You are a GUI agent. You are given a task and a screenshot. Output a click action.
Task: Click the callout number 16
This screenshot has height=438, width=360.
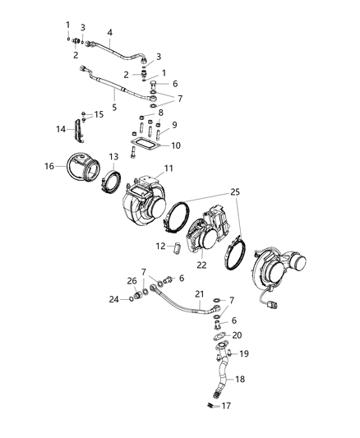(49, 166)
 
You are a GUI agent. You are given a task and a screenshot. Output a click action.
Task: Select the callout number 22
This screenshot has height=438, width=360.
(201, 265)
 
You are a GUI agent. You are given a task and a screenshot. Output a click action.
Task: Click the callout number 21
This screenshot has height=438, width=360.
(198, 294)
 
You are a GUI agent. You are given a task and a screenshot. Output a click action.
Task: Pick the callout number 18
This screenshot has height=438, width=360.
(240, 380)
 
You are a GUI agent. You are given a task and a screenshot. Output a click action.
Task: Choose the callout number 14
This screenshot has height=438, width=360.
(60, 129)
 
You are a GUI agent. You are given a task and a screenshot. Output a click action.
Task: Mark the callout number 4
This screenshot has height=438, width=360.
(108, 34)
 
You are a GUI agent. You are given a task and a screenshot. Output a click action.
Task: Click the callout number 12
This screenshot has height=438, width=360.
(161, 246)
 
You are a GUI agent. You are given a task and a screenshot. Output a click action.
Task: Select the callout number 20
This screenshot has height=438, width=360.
(238, 335)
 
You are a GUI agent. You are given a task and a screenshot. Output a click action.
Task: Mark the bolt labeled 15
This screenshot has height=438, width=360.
(84, 114)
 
